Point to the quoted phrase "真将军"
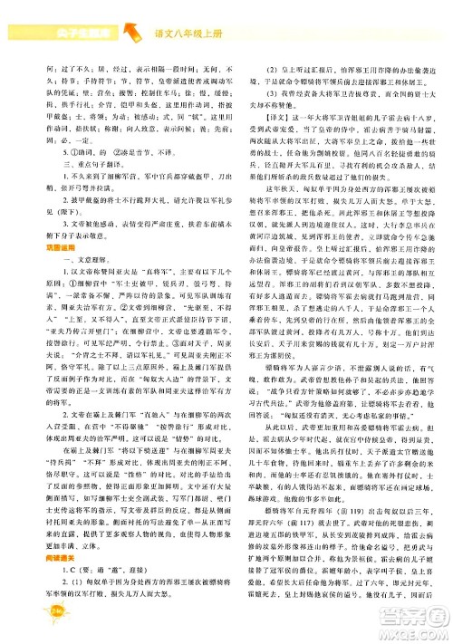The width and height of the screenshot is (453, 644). [x=162, y=269]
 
